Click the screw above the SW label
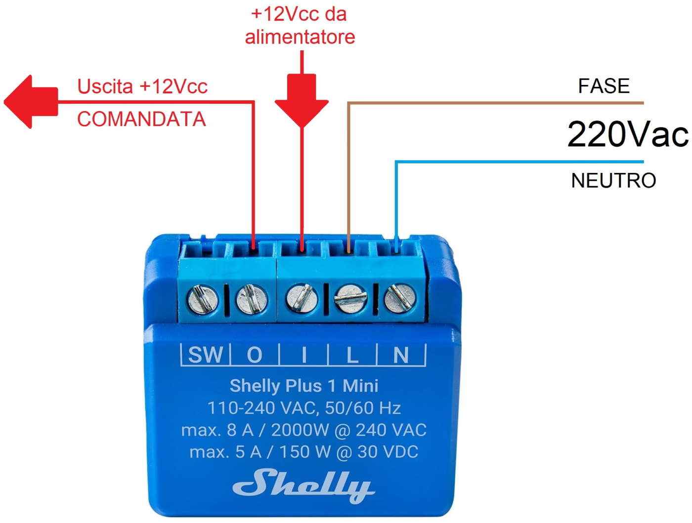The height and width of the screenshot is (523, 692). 203,298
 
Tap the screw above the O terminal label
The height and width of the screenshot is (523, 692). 252,298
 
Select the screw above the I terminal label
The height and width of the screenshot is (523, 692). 302,298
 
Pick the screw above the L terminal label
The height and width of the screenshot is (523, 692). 350,298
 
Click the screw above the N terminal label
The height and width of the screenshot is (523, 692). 400,298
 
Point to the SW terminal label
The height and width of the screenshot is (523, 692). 206,355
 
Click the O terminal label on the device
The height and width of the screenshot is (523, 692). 255,355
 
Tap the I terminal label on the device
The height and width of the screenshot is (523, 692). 304,355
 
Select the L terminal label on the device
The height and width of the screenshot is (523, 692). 352,355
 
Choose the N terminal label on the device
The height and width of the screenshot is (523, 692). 401,355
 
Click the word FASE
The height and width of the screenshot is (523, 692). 604,86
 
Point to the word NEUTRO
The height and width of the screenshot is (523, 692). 613,180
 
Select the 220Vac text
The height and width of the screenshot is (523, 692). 627,134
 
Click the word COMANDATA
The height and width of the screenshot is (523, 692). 141,119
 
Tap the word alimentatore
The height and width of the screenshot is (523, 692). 300,37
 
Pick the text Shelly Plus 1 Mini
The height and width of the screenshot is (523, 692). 303,385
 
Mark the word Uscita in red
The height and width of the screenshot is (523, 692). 105,86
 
